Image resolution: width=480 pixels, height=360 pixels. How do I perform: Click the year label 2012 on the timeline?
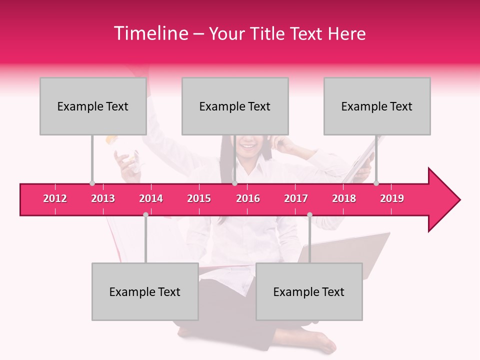tap(55, 198)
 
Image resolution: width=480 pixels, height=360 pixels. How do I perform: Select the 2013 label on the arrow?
tap(103, 198)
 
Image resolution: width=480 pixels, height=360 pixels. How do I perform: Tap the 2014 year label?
tap(151, 198)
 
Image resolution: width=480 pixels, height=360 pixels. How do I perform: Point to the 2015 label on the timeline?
tap(199, 198)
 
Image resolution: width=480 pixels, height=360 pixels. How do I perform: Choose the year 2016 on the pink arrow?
tap(248, 198)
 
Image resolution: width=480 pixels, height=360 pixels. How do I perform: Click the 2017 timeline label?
tap(296, 198)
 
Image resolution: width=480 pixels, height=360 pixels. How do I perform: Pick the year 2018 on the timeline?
tap(344, 198)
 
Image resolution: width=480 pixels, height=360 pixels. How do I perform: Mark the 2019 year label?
tap(392, 198)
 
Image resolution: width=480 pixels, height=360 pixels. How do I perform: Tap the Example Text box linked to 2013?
tap(93, 106)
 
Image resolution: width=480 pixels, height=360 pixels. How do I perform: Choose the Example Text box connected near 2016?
tap(235, 106)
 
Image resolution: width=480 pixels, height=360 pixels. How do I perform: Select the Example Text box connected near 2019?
tap(377, 106)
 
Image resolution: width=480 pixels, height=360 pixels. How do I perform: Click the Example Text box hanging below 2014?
tap(145, 291)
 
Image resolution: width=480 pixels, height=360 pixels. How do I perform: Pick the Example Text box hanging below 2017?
tap(309, 291)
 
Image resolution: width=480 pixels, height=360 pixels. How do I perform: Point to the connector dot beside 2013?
tap(92, 183)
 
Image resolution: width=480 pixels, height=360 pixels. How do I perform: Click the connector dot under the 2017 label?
tap(309, 214)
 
